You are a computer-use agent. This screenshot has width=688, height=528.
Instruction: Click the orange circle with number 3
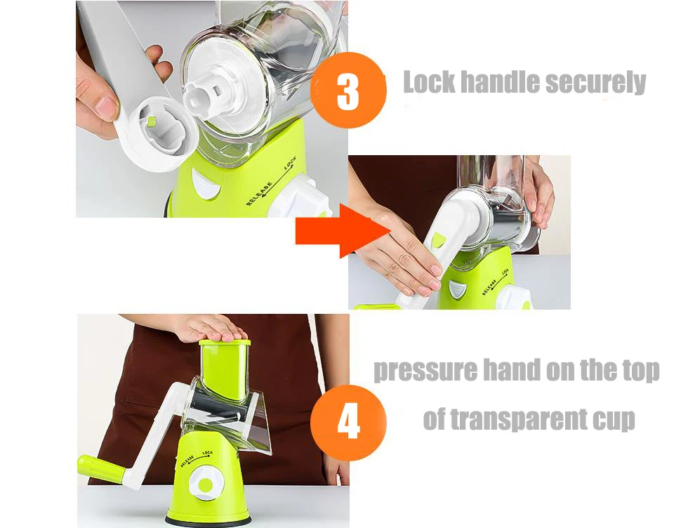pyautogui.click(x=348, y=90)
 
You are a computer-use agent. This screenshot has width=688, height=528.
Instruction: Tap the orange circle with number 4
pyautogui.click(x=349, y=423)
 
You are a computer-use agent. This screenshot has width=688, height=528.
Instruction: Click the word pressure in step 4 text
pyautogui.click(x=425, y=371)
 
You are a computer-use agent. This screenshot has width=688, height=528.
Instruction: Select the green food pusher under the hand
pyautogui.click(x=225, y=369)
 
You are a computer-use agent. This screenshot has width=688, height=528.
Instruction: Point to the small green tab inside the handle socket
pyautogui.click(x=152, y=121)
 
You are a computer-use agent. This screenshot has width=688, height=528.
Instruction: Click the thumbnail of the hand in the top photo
pyautogui.click(x=105, y=108)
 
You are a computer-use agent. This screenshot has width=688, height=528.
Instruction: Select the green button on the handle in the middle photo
pyautogui.click(x=439, y=240)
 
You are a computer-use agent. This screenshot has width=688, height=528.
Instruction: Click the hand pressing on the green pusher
pyautogui.click(x=210, y=329)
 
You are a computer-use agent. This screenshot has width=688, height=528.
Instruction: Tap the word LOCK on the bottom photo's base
pyautogui.click(x=208, y=453)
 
